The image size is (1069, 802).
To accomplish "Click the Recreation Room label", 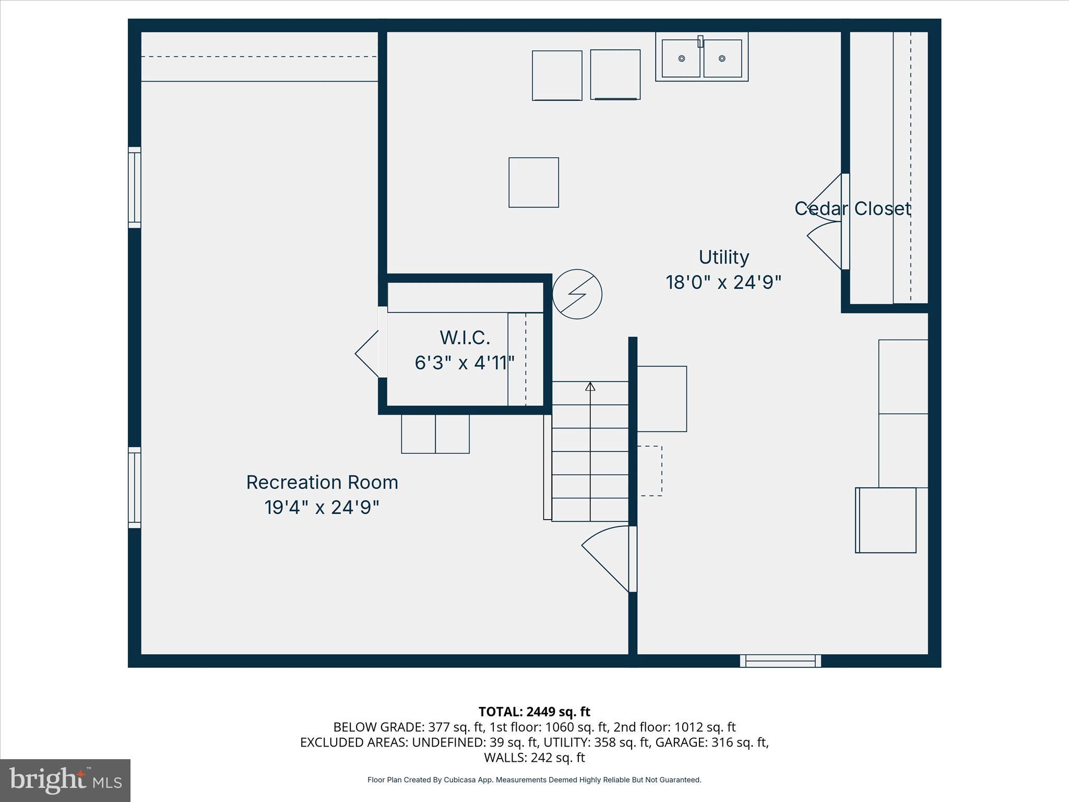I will pyautogui.click(x=322, y=482).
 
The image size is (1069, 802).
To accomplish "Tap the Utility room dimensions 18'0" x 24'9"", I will pyautogui.click(x=723, y=282).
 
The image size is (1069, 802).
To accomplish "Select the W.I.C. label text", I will pyautogui.click(x=465, y=338).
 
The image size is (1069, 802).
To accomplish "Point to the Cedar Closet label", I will pyautogui.click(x=852, y=208).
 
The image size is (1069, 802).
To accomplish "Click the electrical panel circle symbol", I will pyautogui.click(x=577, y=294).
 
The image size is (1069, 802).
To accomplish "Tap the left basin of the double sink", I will pyautogui.click(x=681, y=58).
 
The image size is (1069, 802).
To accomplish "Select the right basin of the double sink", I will pyautogui.click(x=722, y=58).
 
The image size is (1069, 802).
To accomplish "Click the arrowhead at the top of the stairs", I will pyautogui.click(x=590, y=386).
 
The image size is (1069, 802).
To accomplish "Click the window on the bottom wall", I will pyautogui.click(x=780, y=661).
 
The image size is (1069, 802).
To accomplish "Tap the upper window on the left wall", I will pyautogui.click(x=135, y=187).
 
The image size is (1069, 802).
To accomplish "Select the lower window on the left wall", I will pyautogui.click(x=135, y=488).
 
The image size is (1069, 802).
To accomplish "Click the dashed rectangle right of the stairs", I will pyautogui.click(x=650, y=470).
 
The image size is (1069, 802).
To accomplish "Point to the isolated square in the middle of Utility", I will pyautogui.click(x=533, y=182).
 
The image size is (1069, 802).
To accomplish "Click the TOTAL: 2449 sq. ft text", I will pyautogui.click(x=534, y=712).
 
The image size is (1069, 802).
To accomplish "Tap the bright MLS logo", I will pyautogui.click(x=65, y=780).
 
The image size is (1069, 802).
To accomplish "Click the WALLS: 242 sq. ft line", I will pyautogui.click(x=534, y=757).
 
